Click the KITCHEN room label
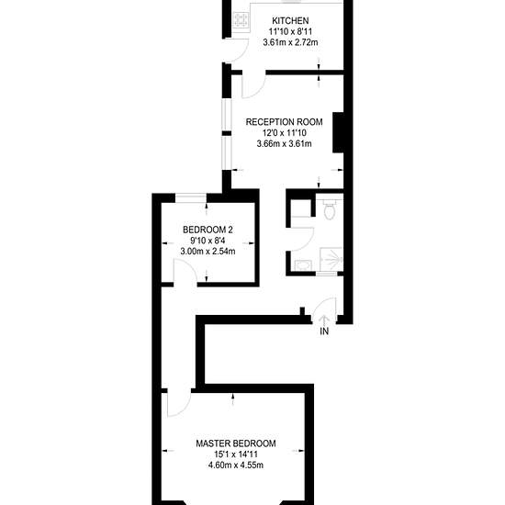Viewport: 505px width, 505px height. point(290,21)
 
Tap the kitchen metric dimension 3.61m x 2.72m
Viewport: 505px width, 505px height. point(290,42)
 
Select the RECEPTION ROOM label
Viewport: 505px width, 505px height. point(284,122)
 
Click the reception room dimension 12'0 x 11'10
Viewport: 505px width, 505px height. point(284,133)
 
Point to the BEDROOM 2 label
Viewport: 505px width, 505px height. point(208,230)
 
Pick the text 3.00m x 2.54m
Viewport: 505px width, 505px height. point(208,252)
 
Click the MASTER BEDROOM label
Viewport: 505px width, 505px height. point(236,443)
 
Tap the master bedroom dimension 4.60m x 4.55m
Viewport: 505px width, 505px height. point(236,466)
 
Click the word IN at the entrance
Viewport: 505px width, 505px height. point(324,331)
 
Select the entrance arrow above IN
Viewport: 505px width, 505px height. point(324,320)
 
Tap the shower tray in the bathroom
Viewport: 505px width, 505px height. point(331,259)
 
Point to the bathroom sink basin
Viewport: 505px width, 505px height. point(303,265)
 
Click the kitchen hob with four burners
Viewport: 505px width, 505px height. point(241,21)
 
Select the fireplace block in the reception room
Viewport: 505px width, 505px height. point(338,132)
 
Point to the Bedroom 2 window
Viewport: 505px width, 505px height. point(191,197)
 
